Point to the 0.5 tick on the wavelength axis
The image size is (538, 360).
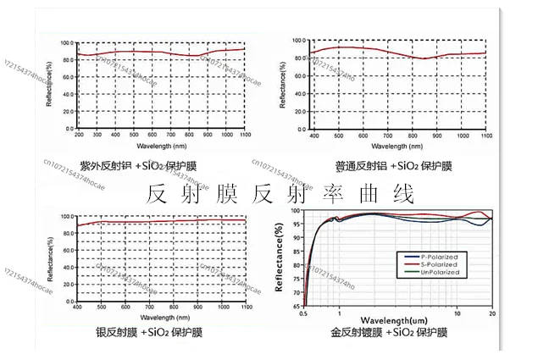tap(303, 313)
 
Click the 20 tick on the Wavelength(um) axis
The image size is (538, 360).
tap(491, 313)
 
